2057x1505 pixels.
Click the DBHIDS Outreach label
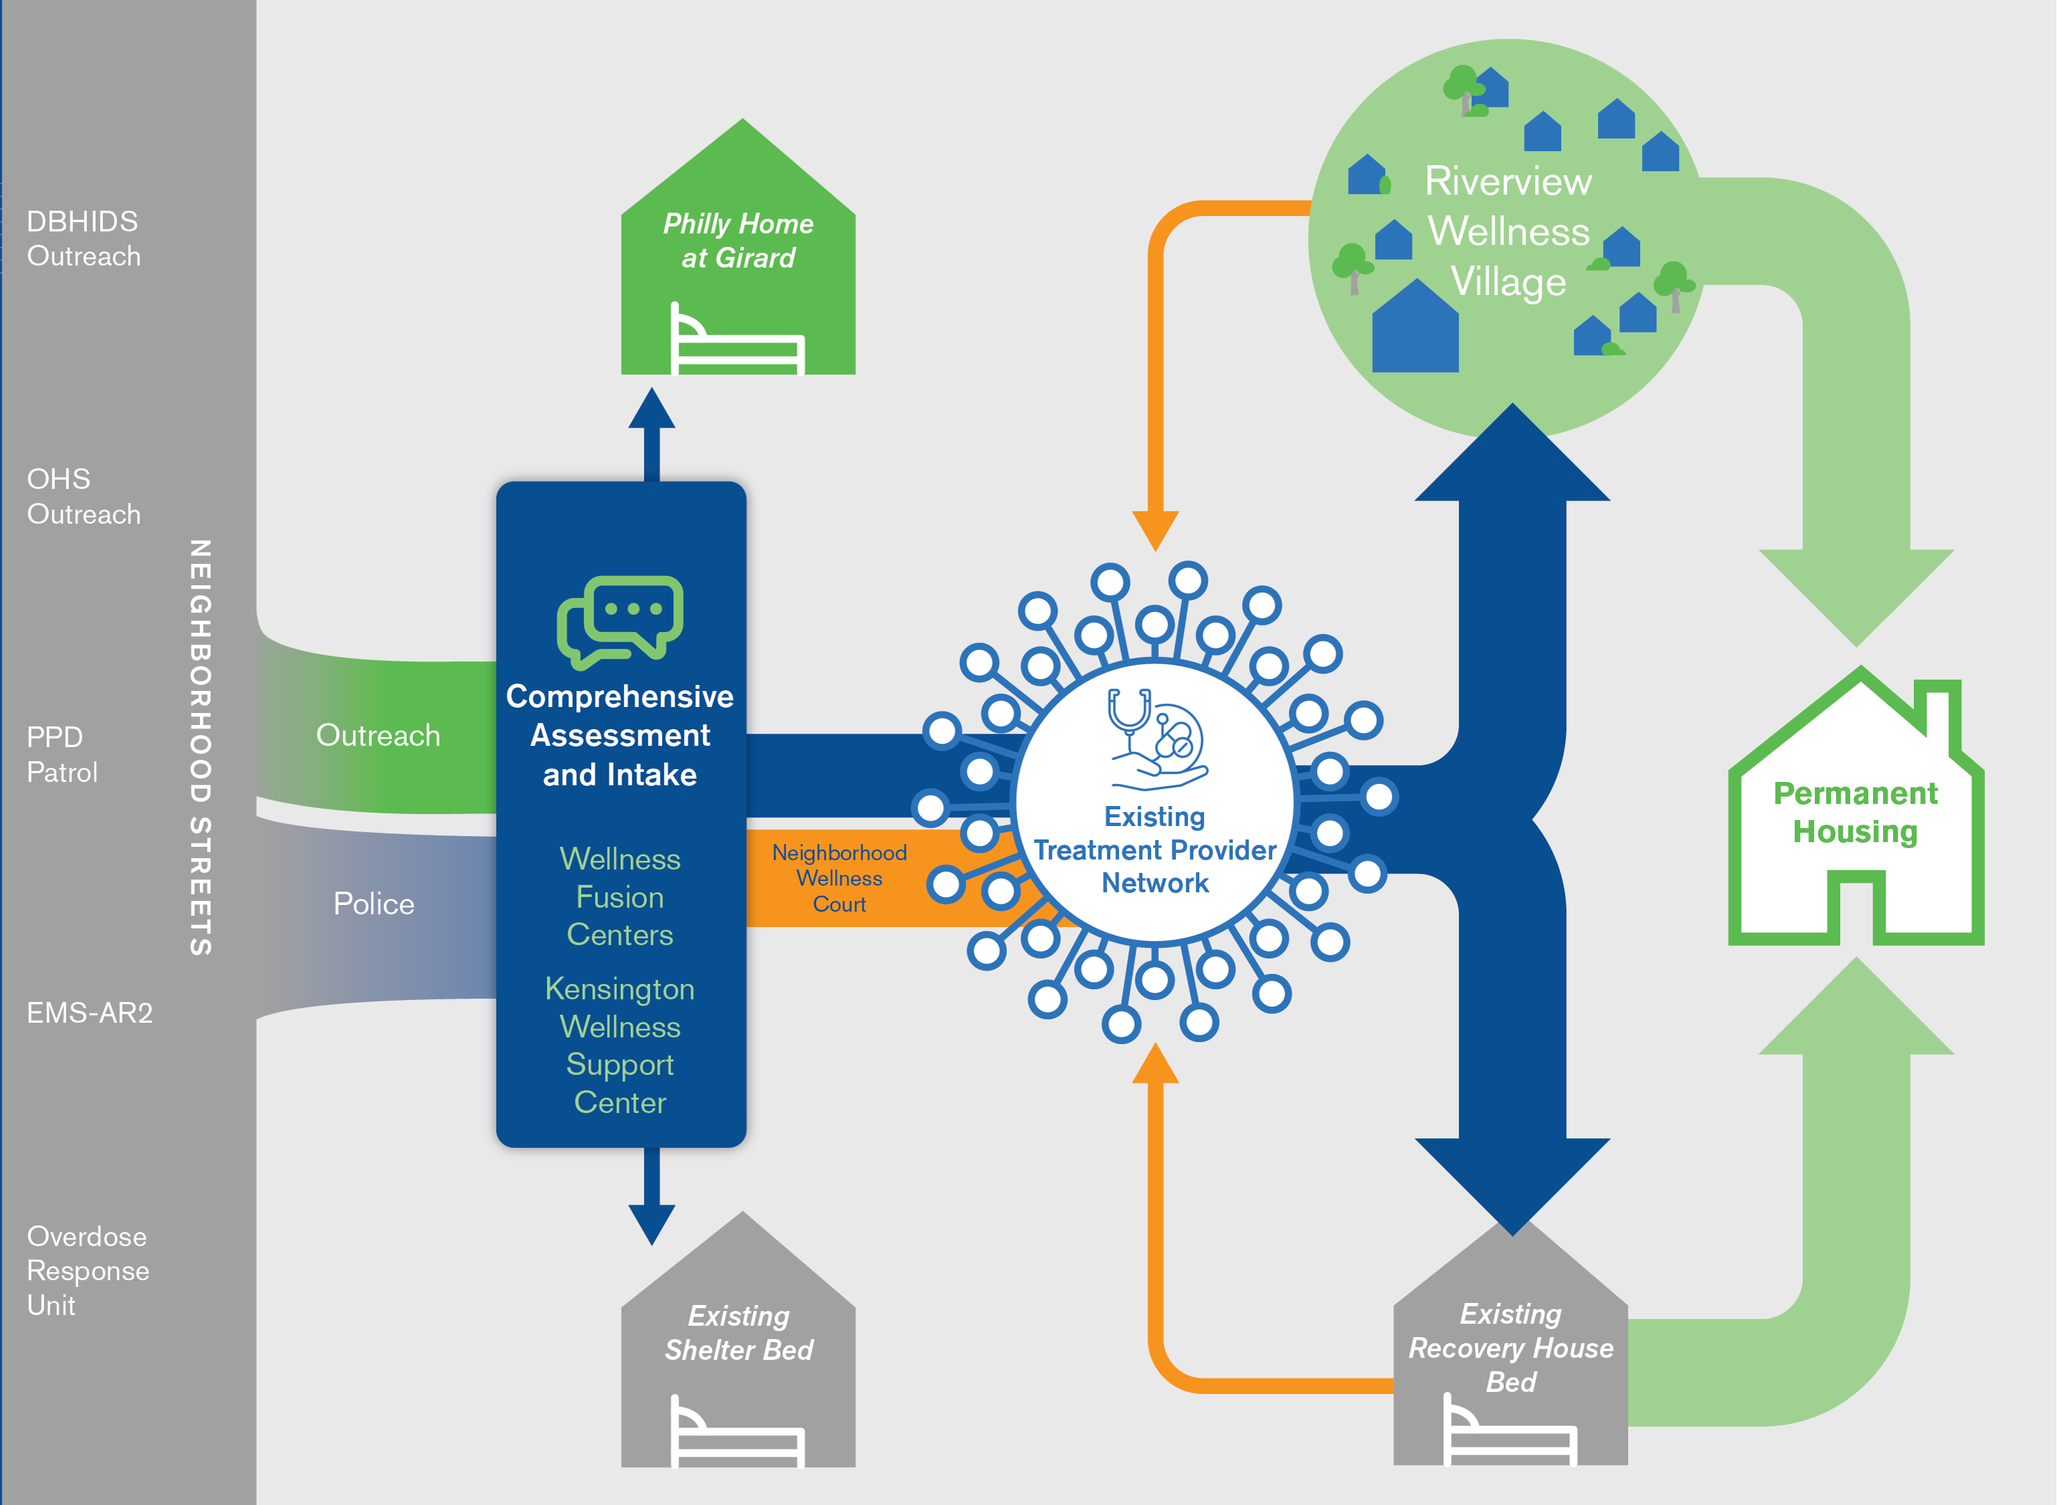[x=84, y=239]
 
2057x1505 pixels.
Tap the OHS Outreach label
[x=84, y=496]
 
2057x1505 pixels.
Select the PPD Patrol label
[x=62, y=755]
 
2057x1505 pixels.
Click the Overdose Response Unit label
[x=88, y=1270]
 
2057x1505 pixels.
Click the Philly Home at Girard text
[x=738, y=241]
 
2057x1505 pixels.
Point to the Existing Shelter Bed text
[x=738, y=1333]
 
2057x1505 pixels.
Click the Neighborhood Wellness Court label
[x=839, y=878]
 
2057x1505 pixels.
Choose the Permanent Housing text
[x=1856, y=813]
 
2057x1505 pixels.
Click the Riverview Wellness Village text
[x=1508, y=231]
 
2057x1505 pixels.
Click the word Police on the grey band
[x=373, y=904]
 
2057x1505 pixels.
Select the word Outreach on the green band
[x=378, y=735]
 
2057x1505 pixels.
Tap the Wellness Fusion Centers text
[x=620, y=898]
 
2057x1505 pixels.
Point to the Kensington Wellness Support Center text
[x=620, y=1046]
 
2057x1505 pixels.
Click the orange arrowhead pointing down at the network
[x=1155, y=529]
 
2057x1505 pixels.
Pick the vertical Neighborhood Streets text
[x=201, y=747]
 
